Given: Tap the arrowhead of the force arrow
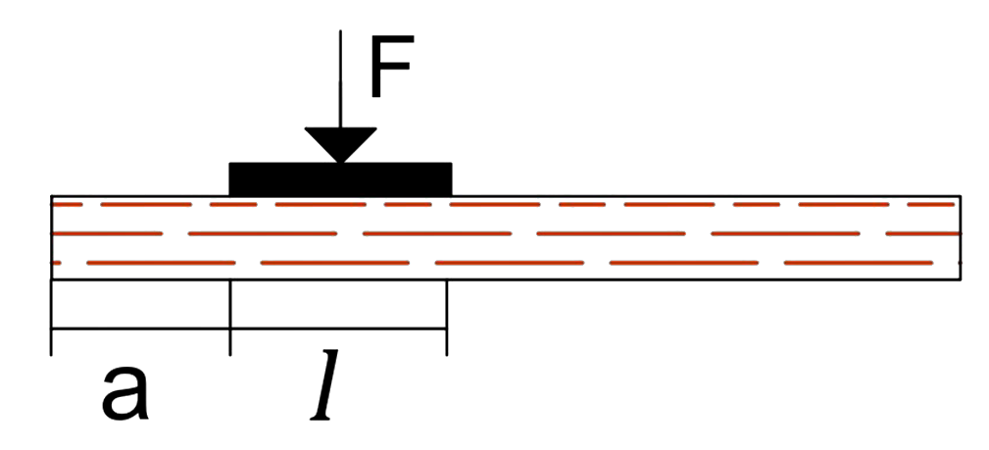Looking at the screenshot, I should pos(340,144).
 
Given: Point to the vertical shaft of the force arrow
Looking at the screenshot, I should pos(340,78).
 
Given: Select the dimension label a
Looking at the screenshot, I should pos(125,392).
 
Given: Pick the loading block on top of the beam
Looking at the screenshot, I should pos(340,178).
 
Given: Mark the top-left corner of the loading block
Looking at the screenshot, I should pos(229,163).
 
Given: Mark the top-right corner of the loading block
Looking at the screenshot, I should pos(452,163).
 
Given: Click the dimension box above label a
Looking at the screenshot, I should pos(140,304).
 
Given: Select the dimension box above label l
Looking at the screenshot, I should pos(338,304).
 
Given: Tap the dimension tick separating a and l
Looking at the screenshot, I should pos(230,341).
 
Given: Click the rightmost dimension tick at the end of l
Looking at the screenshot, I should pos(447,341).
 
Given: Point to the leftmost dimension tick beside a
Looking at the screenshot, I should pos(51,341).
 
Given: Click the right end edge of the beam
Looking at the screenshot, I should pos(962,238).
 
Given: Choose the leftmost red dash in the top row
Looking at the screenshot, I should pos(68,205).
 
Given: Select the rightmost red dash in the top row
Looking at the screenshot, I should pos(931,205).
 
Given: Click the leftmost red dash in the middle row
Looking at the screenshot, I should pos(108,234).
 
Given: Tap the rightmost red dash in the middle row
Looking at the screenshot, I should pos(922,234).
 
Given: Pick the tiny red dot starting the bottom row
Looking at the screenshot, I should pos(57,263).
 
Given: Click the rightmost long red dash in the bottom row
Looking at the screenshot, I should pos(858,263).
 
